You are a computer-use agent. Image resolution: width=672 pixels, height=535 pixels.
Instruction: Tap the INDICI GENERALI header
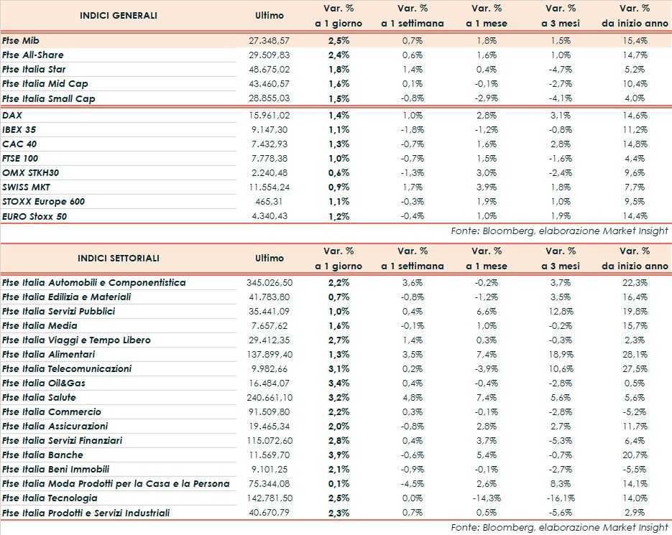(x=119, y=15)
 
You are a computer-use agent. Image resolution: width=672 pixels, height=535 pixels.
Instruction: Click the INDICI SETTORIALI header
(x=119, y=258)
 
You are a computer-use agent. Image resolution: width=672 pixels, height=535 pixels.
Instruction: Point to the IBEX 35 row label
(x=19, y=130)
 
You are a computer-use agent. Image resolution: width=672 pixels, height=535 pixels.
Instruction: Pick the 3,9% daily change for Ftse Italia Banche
(x=339, y=455)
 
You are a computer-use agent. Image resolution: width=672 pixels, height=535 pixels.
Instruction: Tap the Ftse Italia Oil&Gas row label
(x=44, y=383)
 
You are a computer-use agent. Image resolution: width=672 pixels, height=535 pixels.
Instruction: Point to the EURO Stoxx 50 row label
(x=34, y=216)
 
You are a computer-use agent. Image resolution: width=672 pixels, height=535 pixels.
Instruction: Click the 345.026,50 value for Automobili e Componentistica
(x=267, y=282)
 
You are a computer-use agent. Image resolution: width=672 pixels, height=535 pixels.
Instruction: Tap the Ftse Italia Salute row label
(x=39, y=397)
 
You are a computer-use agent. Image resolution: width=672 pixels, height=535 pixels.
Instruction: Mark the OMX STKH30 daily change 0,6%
(x=339, y=173)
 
